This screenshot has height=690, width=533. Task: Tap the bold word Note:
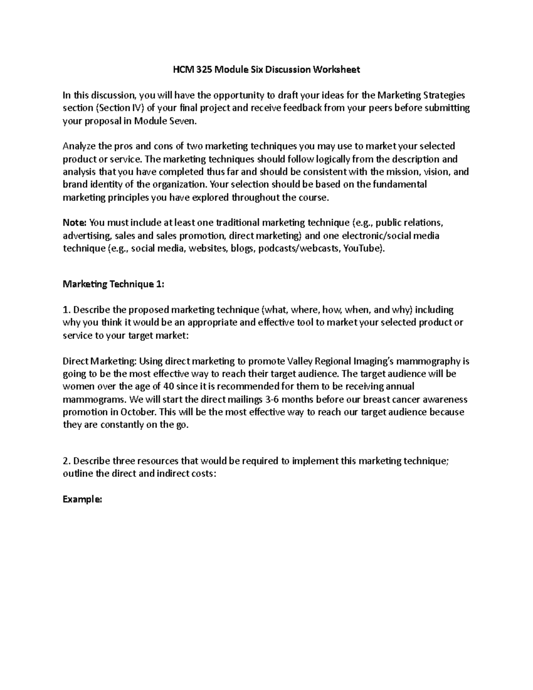76,223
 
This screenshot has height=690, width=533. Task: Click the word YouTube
364,248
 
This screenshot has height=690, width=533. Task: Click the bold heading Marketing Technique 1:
113,284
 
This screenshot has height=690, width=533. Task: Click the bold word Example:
82,499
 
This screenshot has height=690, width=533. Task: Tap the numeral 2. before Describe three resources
66,461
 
